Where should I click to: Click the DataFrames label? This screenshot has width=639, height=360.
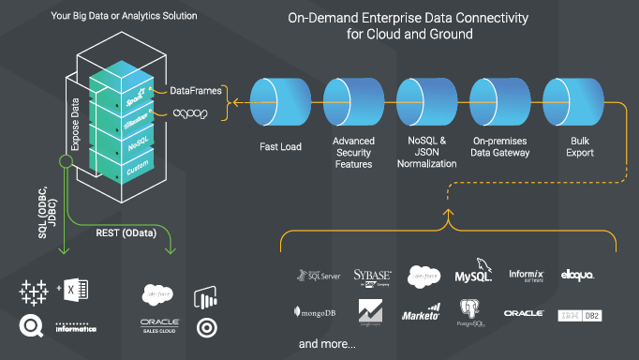196,91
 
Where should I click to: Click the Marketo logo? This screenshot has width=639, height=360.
422,312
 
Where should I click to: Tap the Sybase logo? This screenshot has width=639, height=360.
371,276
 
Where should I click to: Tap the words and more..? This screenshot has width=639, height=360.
327,345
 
